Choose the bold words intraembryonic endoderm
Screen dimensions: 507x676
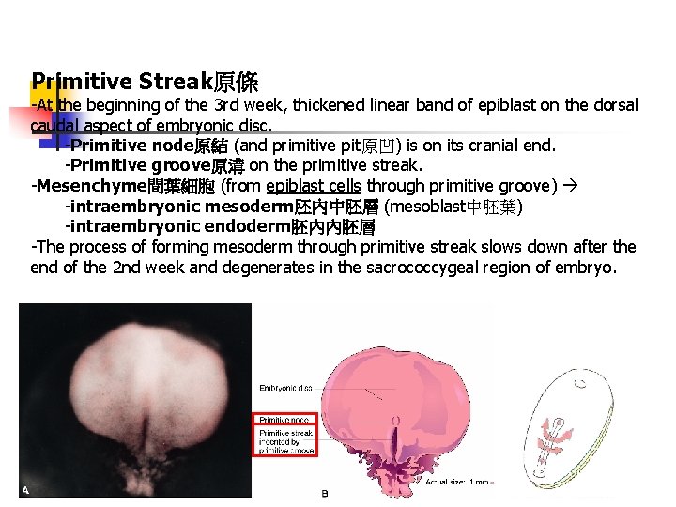tap(177, 226)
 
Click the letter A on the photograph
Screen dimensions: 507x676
tap(26, 489)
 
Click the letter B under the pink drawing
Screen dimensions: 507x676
tap(325, 493)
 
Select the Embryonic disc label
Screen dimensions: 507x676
tap(285, 386)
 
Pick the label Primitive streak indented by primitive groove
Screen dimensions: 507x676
tap(286, 441)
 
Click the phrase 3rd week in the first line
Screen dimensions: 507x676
tap(245, 105)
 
